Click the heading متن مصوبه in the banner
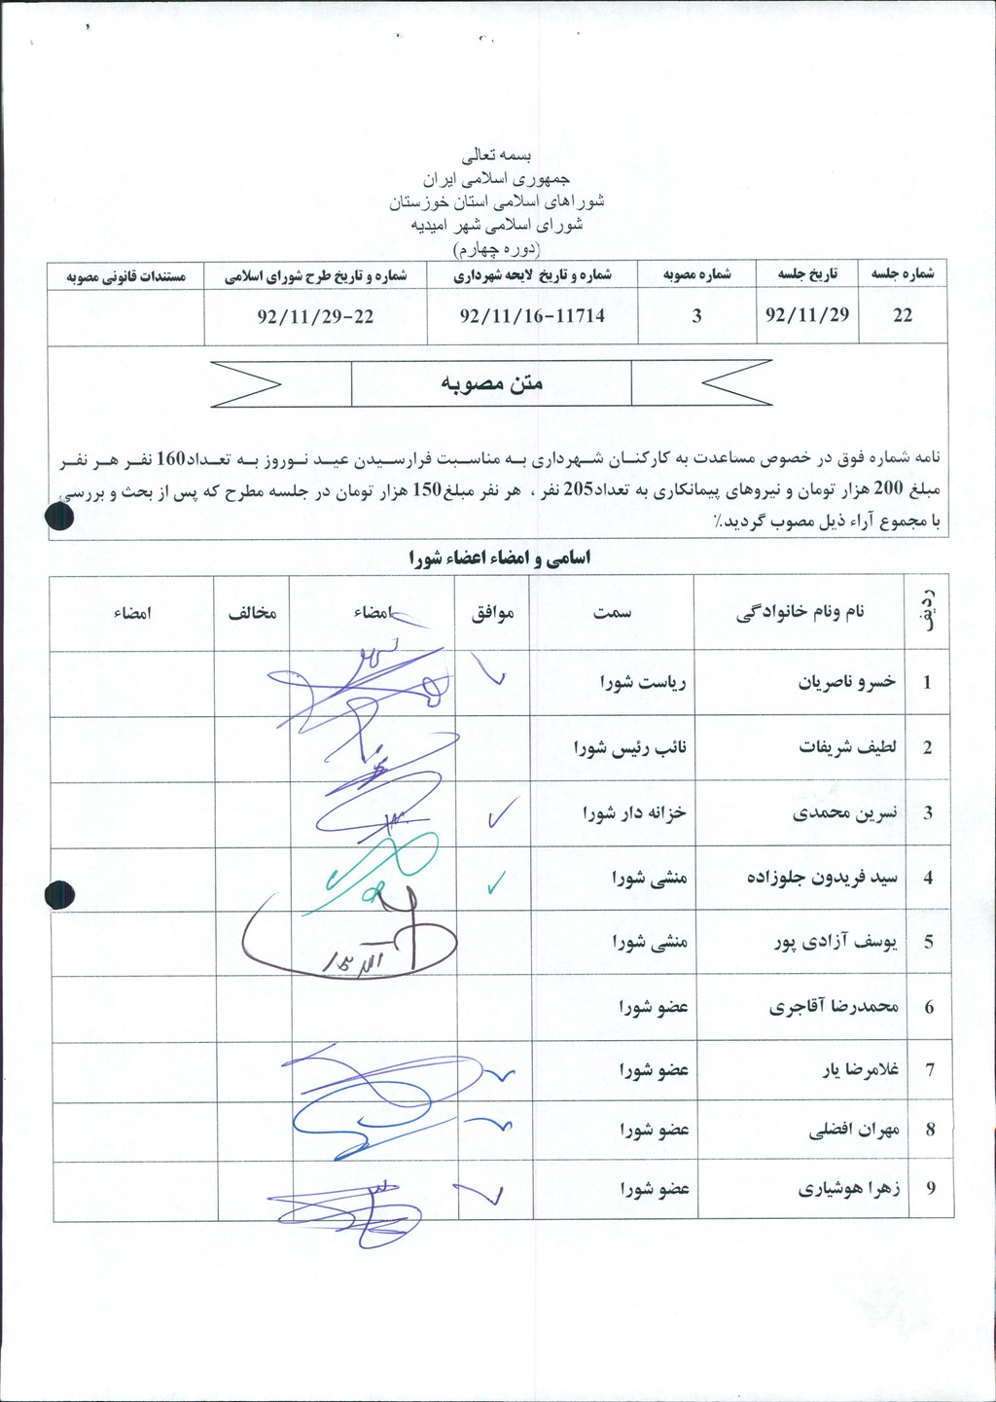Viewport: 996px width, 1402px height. [x=491, y=383]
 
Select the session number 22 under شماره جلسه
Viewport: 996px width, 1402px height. [x=903, y=316]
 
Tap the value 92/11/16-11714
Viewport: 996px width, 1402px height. [x=532, y=316]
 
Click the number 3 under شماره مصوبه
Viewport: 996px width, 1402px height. [x=696, y=316]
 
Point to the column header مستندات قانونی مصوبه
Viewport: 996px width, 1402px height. [x=125, y=276]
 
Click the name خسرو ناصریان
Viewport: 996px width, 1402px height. [x=847, y=682]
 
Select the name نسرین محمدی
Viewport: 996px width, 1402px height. [x=845, y=812]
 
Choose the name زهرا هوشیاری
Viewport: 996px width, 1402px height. [x=849, y=1188]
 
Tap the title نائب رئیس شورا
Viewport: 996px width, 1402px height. [x=630, y=747]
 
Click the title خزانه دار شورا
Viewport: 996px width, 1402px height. [x=635, y=812]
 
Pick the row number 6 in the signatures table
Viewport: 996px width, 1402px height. [x=929, y=1007]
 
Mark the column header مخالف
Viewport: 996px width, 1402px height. [x=253, y=613]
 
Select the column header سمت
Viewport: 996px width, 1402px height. [x=613, y=613]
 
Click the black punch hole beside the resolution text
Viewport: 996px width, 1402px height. [x=60, y=516]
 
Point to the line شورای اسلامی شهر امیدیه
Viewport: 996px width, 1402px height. [x=498, y=225]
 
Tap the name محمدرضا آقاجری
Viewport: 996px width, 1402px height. [x=834, y=1007]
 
